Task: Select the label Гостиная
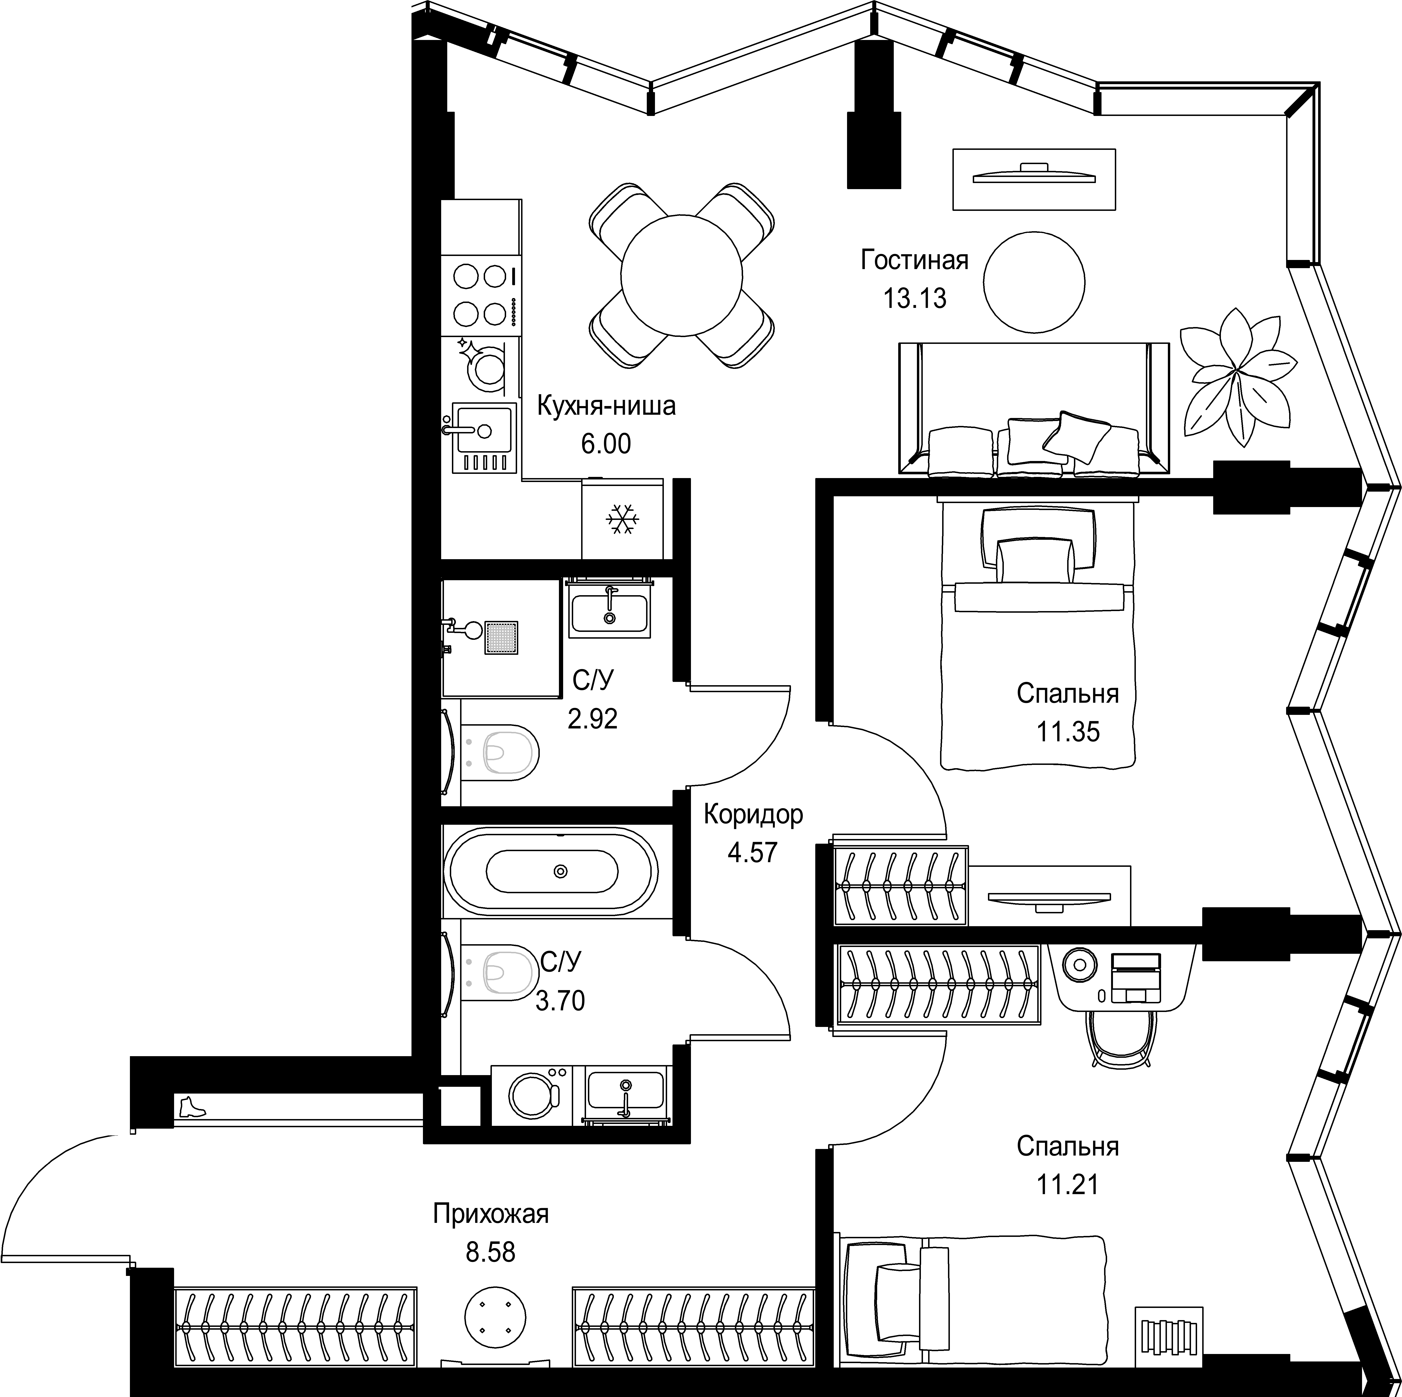(914, 260)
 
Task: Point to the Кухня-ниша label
(606, 406)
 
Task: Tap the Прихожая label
(490, 1214)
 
